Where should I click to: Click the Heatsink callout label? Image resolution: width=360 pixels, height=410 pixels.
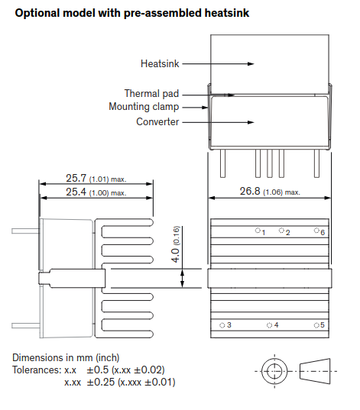(x=160, y=63)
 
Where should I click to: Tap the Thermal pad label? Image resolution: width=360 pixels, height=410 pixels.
(x=151, y=93)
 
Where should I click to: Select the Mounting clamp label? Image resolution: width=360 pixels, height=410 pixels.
(x=144, y=107)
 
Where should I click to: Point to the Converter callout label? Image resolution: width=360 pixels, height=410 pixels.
(x=157, y=121)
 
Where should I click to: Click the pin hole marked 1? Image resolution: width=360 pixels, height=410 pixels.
(x=258, y=231)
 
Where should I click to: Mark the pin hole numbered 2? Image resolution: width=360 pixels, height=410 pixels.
(x=281, y=231)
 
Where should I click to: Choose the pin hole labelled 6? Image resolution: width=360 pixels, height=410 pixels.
(x=316, y=231)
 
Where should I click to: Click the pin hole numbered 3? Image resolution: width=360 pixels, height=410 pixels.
(x=222, y=325)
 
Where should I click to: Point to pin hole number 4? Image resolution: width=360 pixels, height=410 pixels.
(x=269, y=325)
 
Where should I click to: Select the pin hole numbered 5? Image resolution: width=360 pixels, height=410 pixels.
(x=316, y=325)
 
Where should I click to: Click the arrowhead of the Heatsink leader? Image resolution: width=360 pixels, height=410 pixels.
(x=251, y=63)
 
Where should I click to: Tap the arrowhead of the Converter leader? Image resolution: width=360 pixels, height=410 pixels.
(x=251, y=122)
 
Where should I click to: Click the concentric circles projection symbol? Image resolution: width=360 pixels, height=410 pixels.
(x=274, y=371)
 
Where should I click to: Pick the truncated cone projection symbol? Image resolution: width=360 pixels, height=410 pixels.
(x=315, y=371)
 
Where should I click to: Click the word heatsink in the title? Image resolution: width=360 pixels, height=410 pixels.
(x=227, y=13)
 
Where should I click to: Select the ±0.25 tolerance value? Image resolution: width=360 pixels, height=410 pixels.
(x=101, y=382)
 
